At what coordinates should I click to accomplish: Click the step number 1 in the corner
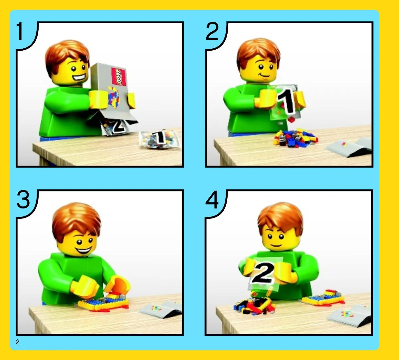(20, 31)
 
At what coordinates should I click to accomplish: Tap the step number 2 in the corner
(212, 31)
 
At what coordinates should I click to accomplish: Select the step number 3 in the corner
(23, 199)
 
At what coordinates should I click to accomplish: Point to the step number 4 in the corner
(212, 199)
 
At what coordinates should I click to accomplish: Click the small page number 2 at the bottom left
(17, 342)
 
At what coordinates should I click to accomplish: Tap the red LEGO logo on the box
(119, 77)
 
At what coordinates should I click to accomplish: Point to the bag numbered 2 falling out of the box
(116, 127)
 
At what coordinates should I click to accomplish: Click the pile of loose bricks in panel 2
(295, 138)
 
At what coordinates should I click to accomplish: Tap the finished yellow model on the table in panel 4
(323, 297)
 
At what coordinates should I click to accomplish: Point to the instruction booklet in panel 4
(349, 316)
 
